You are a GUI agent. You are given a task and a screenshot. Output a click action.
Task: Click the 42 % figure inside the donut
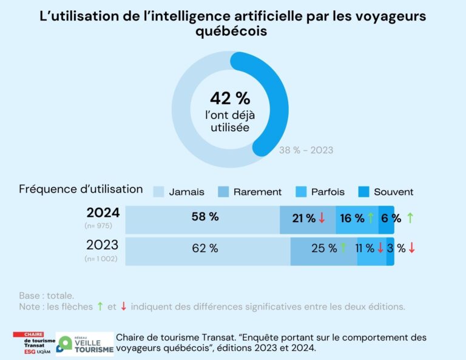point(230,98)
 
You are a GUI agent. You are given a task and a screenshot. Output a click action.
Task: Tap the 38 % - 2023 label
point(306,150)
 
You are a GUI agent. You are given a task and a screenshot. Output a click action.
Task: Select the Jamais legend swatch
point(158,192)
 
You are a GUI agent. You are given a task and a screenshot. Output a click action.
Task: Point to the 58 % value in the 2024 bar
point(204,217)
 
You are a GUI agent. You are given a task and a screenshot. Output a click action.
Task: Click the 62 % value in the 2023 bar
point(204,248)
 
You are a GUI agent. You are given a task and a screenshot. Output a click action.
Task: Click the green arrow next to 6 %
point(410,218)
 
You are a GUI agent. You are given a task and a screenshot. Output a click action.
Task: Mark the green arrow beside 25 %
point(343,248)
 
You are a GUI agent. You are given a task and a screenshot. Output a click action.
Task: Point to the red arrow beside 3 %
point(412,248)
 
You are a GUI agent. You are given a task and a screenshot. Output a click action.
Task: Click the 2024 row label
point(103,213)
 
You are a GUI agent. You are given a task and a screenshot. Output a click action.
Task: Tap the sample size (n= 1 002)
point(101,259)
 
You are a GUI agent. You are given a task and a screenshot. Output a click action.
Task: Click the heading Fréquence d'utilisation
point(81,189)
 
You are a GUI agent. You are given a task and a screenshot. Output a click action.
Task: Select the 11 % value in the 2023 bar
point(365,248)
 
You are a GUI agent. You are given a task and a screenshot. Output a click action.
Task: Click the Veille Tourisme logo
point(84,344)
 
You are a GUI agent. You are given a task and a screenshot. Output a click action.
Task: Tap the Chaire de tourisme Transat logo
point(33,344)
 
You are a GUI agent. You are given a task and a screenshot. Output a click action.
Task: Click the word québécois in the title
point(232,32)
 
